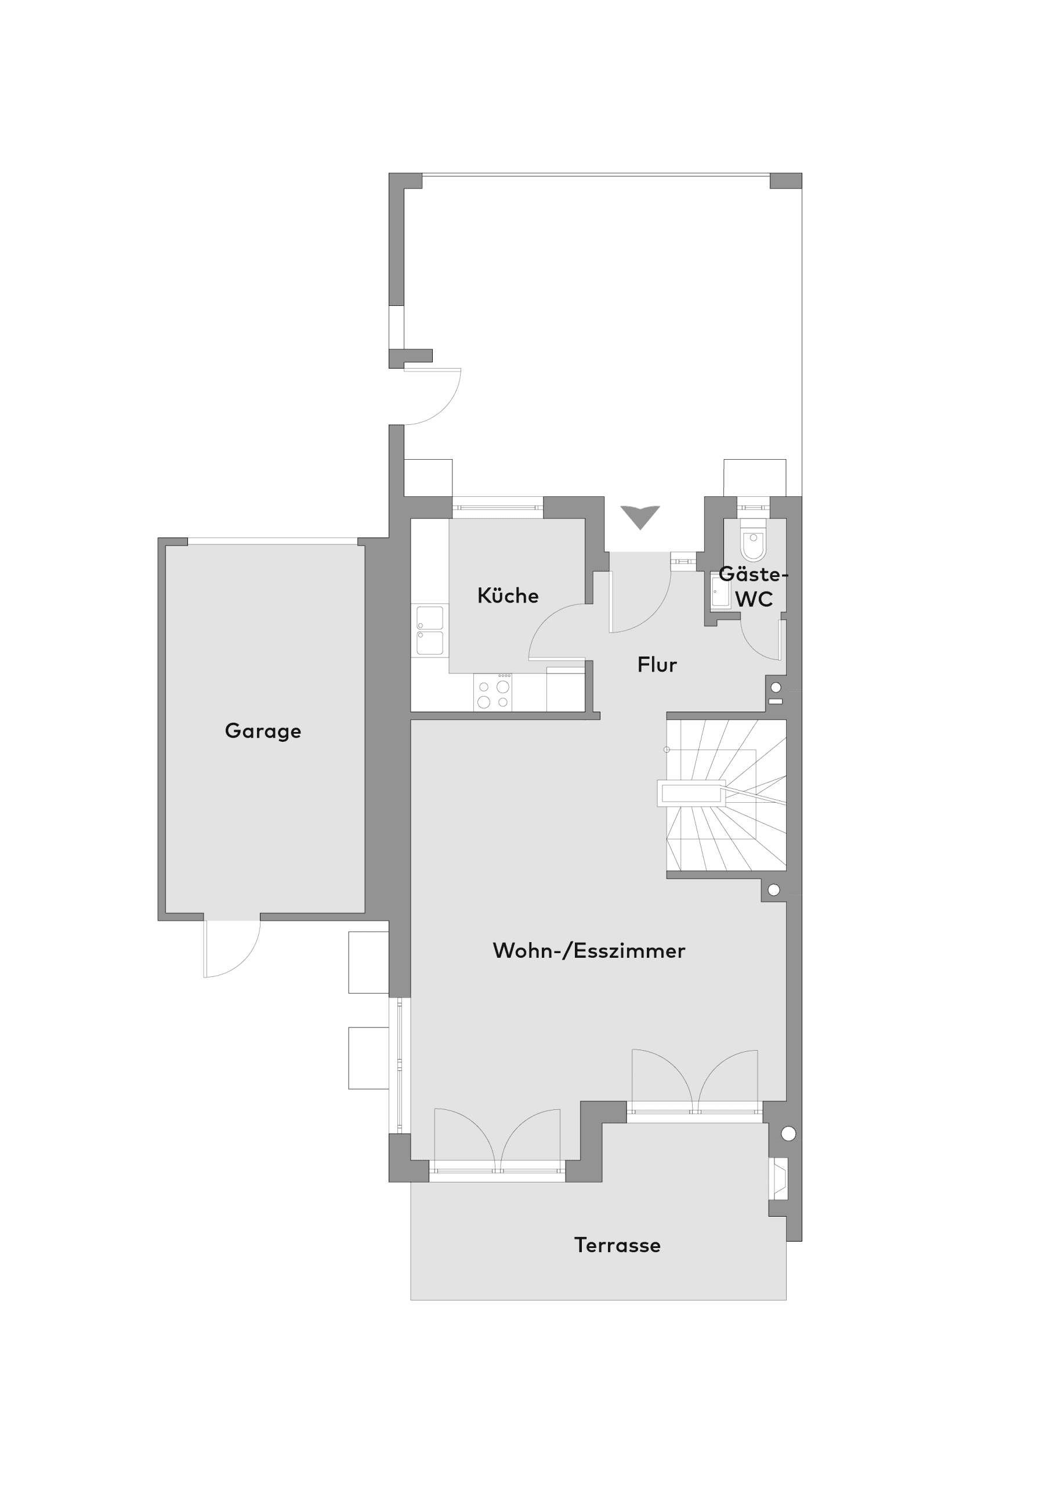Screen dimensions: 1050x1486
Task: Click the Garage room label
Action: click(x=263, y=731)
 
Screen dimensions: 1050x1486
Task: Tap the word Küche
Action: click(x=508, y=596)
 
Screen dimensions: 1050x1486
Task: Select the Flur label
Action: click(x=657, y=665)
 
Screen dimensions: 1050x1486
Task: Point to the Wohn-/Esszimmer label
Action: click(x=589, y=951)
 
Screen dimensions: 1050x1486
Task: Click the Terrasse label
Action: click(x=617, y=1245)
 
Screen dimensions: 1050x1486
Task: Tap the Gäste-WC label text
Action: click(x=754, y=587)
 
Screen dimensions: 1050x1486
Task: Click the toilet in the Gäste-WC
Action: click(x=754, y=539)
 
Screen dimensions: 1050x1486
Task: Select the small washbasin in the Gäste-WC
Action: click(x=720, y=591)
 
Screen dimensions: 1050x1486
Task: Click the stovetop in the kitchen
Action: click(x=493, y=692)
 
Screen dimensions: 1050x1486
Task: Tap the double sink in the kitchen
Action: click(x=430, y=630)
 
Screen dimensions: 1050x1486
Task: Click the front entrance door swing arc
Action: click(x=653, y=613)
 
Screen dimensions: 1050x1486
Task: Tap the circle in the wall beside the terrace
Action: click(x=788, y=1133)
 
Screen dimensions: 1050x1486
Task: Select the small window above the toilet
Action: click(x=753, y=507)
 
